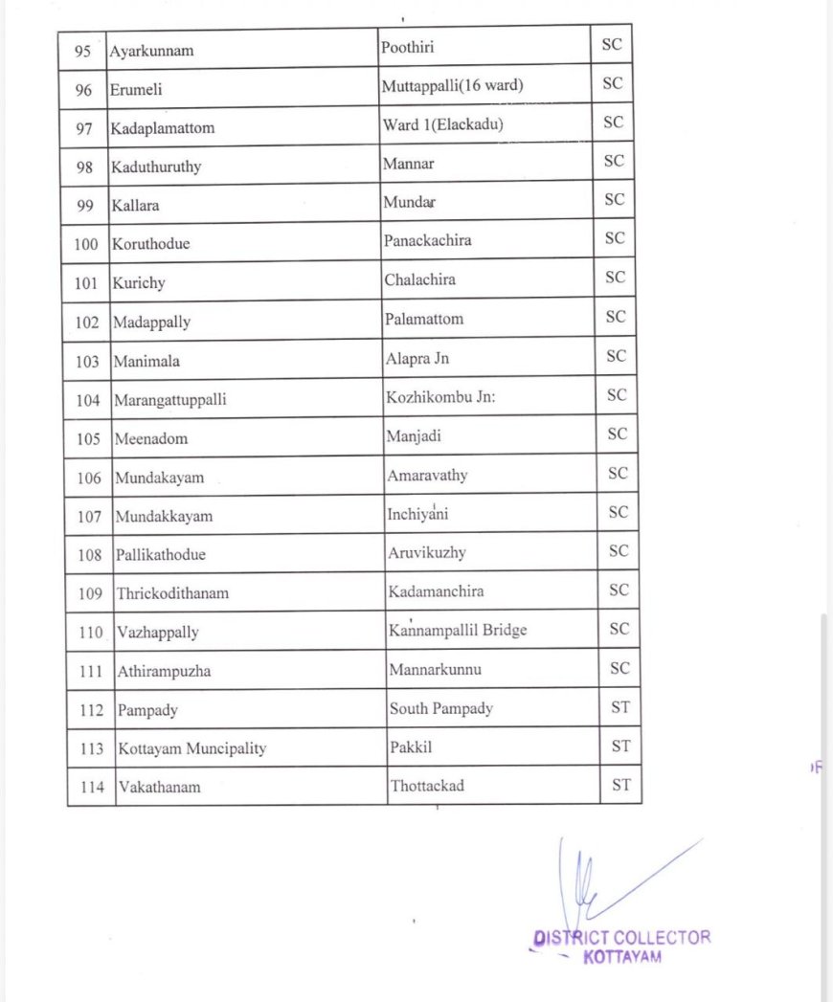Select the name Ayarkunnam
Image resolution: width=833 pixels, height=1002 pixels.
pyautogui.click(x=151, y=50)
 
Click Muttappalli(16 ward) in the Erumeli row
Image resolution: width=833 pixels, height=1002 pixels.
pyautogui.click(x=452, y=86)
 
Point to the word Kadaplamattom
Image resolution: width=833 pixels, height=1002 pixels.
pyautogui.click(x=163, y=127)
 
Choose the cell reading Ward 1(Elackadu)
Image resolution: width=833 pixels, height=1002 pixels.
pyautogui.click(x=442, y=124)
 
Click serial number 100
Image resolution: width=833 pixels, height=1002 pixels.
pyautogui.click(x=85, y=244)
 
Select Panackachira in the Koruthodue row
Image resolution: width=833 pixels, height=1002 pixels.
pyautogui.click(x=427, y=240)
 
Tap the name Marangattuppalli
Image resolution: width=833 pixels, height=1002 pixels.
pyautogui.click(x=170, y=400)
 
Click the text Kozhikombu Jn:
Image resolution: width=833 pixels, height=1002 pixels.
pyautogui.click(x=440, y=396)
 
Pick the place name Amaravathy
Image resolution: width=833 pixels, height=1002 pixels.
pyautogui.click(x=427, y=475)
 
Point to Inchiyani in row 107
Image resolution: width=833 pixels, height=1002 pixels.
pyautogui.click(x=417, y=514)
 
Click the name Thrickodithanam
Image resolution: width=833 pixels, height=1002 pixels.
pyautogui.click(x=172, y=593)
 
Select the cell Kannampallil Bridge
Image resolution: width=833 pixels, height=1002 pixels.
pyautogui.click(x=458, y=630)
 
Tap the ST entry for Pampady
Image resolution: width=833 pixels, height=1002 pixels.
pyautogui.click(x=620, y=707)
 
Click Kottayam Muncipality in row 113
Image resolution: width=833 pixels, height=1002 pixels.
pyautogui.click(x=191, y=748)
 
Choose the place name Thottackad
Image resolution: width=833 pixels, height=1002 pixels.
pyautogui.click(x=426, y=786)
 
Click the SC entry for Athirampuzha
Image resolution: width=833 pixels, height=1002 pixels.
pyautogui.click(x=619, y=668)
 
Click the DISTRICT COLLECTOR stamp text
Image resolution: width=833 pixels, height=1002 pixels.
pyautogui.click(x=622, y=938)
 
